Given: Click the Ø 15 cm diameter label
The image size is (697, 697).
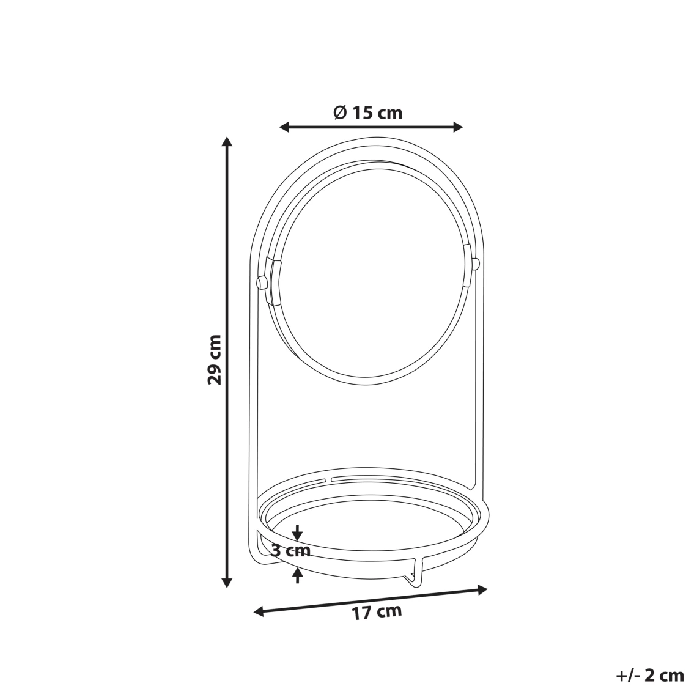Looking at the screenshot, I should pyautogui.click(x=368, y=112).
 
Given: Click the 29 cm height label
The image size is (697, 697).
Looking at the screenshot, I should pyautogui.click(x=214, y=360).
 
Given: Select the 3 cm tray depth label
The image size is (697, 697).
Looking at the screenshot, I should pyautogui.click(x=291, y=550).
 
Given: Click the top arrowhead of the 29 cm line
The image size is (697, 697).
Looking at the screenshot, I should pyautogui.click(x=227, y=142).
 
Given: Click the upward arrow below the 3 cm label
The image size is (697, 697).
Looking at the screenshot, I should pyautogui.click(x=298, y=573).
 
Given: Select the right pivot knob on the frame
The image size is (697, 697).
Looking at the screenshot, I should pyautogui.click(x=476, y=264).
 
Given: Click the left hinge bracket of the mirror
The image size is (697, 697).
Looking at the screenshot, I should pyautogui.click(x=273, y=281).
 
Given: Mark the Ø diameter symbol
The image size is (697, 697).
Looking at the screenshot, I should pyautogui.click(x=340, y=112).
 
